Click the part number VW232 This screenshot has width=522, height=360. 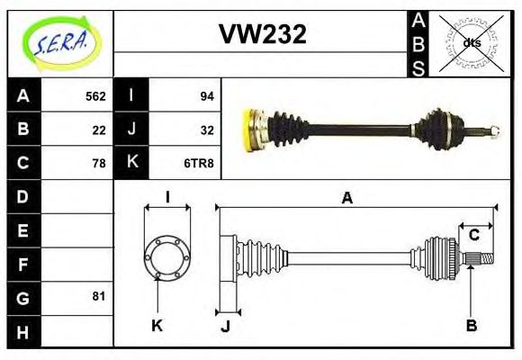pyautogui.click(x=263, y=34)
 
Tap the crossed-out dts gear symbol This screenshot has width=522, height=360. pyautogui.click(x=471, y=42)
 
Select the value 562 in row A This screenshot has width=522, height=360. pyautogui.click(x=95, y=96)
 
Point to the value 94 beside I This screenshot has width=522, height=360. pyautogui.click(x=206, y=96)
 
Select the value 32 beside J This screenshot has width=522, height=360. pyautogui.click(x=206, y=130)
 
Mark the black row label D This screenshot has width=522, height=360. pyautogui.click(x=23, y=196)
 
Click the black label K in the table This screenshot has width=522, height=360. pyautogui.click(x=131, y=163)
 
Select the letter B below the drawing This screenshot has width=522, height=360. pyautogui.click(x=471, y=324)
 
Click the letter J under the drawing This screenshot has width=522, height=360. pyautogui.click(x=225, y=326)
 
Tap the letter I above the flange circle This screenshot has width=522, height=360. pyautogui.click(x=167, y=198)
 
